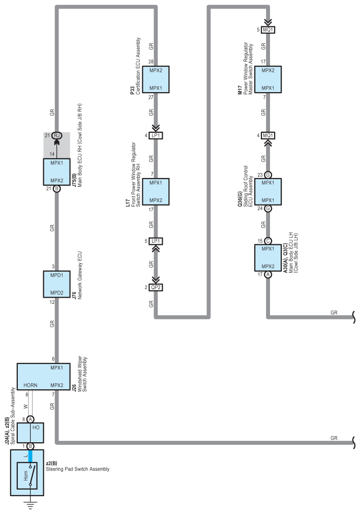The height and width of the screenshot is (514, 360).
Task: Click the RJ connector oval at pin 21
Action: [x=57, y=135]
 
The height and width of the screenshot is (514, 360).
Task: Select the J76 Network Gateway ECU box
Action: [x=56, y=284]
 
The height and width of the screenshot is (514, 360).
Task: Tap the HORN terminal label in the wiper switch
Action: [x=31, y=385]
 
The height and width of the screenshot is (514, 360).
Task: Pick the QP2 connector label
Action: [x=156, y=288]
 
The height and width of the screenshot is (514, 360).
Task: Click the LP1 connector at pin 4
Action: [x=156, y=136]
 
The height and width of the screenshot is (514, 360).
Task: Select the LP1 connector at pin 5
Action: [x=156, y=241]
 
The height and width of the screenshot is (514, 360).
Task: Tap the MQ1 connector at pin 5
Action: [x=268, y=30]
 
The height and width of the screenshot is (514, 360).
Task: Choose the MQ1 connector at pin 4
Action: [x=268, y=135]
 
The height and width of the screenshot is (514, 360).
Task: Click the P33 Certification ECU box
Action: [x=156, y=79]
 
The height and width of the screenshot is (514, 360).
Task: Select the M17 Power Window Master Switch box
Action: [x=268, y=79]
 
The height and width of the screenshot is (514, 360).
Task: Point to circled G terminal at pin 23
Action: [x=268, y=175]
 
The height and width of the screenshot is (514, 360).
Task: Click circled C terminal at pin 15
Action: [x=268, y=241]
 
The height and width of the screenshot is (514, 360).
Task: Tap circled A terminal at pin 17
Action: [x=268, y=275]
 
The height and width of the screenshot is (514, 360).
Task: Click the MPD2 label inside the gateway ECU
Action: [x=56, y=293]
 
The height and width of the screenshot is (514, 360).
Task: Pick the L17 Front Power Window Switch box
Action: [x=156, y=191]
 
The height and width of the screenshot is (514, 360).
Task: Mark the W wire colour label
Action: [x=26, y=406]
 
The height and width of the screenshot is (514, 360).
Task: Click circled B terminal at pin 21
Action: [x=57, y=188]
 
